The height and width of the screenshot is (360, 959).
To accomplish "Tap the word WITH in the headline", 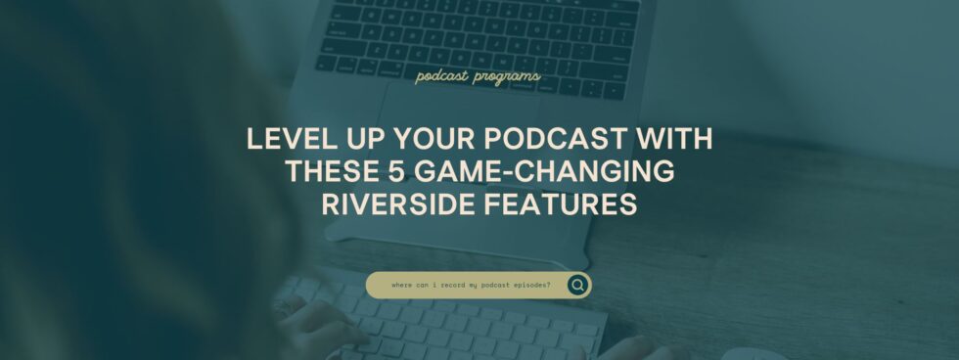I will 674,140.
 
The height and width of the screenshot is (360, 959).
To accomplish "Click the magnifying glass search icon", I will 577,285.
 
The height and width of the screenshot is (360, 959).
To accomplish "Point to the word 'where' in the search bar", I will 401,286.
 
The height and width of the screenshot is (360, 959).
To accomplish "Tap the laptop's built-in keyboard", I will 479,39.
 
